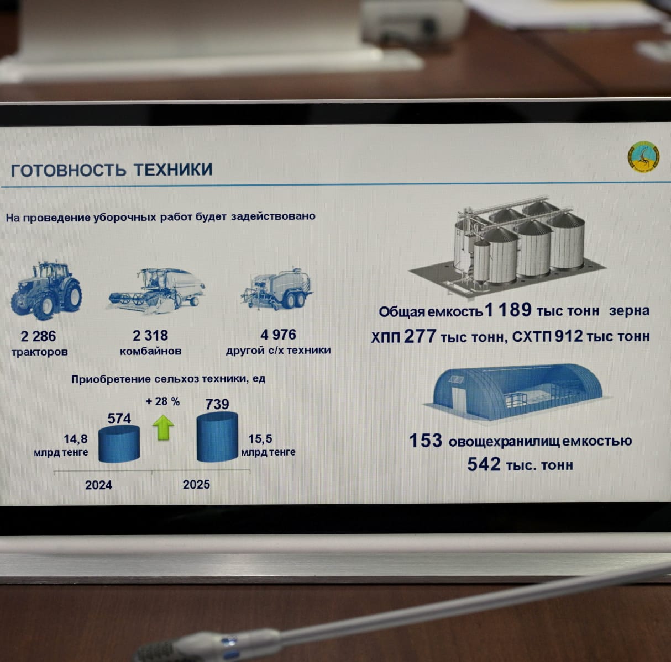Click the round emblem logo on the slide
[x=643, y=156]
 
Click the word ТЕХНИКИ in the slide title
[x=173, y=170]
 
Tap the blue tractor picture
[x=46, y=290]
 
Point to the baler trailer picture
[x=277, y=288]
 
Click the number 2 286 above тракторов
[x=38, y=336]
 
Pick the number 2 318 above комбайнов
[x=150, y=336]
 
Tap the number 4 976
[x=278, y=335]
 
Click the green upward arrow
[x=163, y=427]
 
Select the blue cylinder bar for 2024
[x=119, y=444]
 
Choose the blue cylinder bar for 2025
[x=217, y=437]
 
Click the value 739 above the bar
[x=217, y=404]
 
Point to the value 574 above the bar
[x=119, y=419]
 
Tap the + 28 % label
[x=162, y=401]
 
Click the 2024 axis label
[x=98, y=485]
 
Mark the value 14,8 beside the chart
[x=75, y=439]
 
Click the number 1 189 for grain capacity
[x=508, y=310]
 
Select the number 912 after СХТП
[x=569, y=336]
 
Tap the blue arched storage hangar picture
[x=518, y=391]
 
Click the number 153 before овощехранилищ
[x=426, y=441]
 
